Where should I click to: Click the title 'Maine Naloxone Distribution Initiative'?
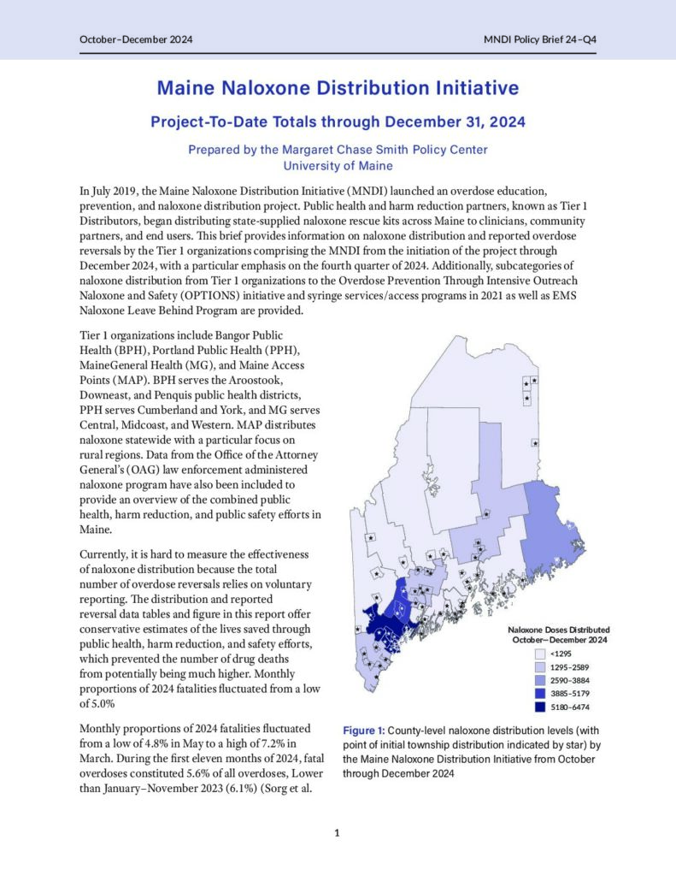[x=338, y=88]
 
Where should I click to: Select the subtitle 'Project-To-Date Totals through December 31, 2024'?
[x=338, y=121]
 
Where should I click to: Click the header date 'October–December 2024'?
[x=136, y=40]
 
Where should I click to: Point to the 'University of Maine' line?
[x=338, y=165]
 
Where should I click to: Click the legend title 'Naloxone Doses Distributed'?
[x=560, y=630]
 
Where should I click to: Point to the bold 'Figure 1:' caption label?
[x=364, y=731]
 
